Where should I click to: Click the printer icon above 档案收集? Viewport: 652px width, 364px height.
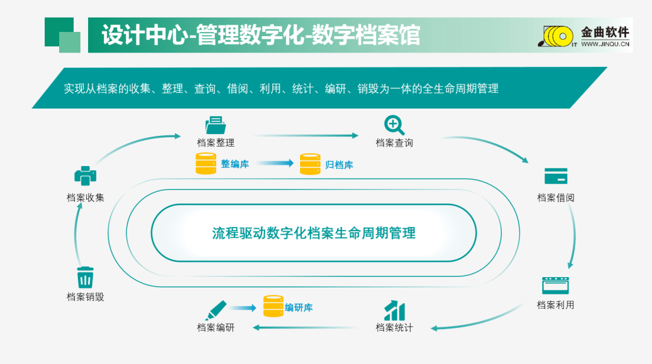tap(85, 176)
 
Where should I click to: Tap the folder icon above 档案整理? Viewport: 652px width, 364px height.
tap(215, 125)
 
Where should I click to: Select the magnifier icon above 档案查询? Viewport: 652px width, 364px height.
tap(394, 125)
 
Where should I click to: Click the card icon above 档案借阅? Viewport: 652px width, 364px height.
tap(555, 176)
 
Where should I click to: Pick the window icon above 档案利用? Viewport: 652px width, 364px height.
tap(555, 286)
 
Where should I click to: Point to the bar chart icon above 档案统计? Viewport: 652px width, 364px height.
tap(394, 311)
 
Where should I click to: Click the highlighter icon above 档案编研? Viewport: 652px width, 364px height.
tap(216, 310)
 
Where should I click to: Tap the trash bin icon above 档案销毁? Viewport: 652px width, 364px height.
tap(85, 278)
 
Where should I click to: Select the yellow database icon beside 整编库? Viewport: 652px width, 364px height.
tap(206, 164)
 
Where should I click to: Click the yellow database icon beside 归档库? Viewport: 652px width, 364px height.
tap(310, 164)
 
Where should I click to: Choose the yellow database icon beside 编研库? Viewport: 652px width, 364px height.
tap(273, 307)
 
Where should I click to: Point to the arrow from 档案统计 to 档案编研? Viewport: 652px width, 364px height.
tap(305, 328)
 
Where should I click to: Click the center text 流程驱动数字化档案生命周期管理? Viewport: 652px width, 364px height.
tap(314, 233)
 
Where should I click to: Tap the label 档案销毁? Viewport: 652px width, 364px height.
tap(85, 297)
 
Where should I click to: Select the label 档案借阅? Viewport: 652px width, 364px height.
tap(555, 197)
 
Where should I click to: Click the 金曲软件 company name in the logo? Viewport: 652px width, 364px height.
tap(604, 33)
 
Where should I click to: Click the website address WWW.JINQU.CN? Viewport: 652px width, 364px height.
tap(605, 44)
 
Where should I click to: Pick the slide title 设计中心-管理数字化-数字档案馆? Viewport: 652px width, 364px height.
tap(261, 35)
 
